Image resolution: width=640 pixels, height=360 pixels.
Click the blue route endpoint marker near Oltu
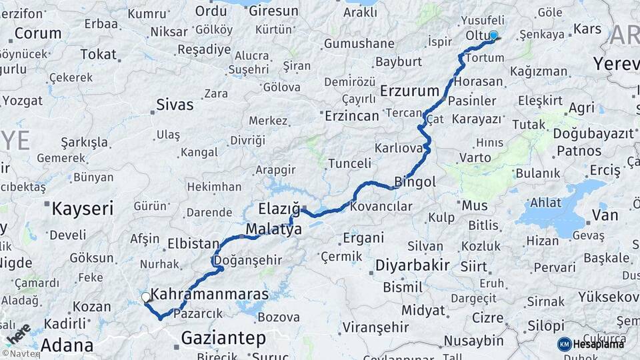click(x=493, y=35)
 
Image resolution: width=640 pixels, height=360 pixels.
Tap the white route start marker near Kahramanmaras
click(x=145, y=297)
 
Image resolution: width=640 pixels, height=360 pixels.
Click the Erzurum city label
click(x=409, y=90)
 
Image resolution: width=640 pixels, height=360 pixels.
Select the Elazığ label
click(x=279, y=209)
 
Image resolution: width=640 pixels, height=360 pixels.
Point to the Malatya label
click(x=274, y=229)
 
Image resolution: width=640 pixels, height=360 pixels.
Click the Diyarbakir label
click(x=412, y=265)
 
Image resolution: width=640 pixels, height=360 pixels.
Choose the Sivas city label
click(x=175, y=104)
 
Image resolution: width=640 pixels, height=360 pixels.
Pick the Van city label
click(x=605, y=215)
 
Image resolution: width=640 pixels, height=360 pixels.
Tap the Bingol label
click(x=415, y=181)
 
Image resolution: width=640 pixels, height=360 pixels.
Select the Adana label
click(x=67, y=345)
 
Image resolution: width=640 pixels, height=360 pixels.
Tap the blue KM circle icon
click(x=564, y=344)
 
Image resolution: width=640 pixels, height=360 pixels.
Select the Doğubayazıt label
click(x=593, y=133)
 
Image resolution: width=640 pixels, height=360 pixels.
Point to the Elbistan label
click(x=193, y=243)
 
